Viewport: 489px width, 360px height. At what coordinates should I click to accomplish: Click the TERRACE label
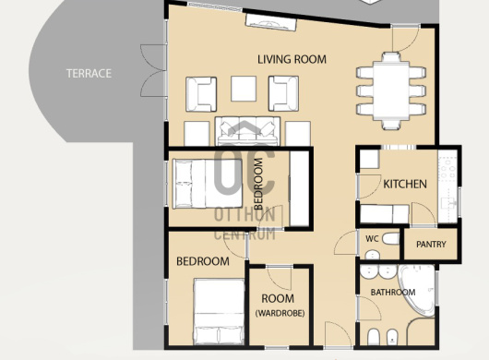click(x=89, y=73)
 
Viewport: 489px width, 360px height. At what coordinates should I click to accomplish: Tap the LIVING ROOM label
click(x=292, y=59)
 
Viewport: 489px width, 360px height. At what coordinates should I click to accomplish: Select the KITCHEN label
click(x=405, y=184)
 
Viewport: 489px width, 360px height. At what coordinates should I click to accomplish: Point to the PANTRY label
click(x=431, y=244)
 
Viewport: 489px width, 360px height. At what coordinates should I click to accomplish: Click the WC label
click(x=372, y=239)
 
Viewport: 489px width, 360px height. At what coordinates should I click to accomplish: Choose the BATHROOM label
click(x=393, y=293)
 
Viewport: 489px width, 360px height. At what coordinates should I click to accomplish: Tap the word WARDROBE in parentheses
click(x=280, y=313)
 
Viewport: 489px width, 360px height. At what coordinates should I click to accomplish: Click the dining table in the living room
click(x=391, y=90)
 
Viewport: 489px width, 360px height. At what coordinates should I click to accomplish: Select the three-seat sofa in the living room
click(x=247, y=131)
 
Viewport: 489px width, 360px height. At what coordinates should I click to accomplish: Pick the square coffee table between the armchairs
click(x=244, y=89)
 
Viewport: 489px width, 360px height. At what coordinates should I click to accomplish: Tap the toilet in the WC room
click(x=390, y=239)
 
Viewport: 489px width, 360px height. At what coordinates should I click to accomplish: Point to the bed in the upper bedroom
click(x=208, y=184)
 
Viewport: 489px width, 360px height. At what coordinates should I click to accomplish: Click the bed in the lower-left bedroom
click(x=219, y=312)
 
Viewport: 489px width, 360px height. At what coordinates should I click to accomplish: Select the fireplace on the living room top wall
click(x=270, y=23)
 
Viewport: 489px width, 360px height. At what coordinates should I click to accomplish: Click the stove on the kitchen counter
click(x=447, y=169)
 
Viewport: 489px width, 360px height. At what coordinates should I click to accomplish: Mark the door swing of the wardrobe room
click(x=280, y=278)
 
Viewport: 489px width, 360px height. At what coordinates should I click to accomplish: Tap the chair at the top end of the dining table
click(x=391, y=57)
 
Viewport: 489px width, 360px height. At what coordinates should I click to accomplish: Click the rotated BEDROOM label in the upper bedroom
click(x=258, y=184)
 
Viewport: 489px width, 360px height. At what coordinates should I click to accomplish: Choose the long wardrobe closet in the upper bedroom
click(x=299, y=188)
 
